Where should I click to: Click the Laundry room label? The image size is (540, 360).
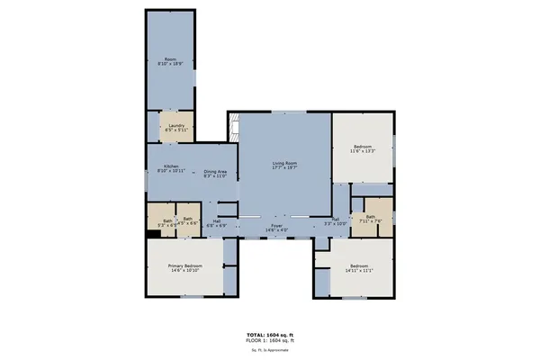[176, 127]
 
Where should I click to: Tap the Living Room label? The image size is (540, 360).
[284, 165]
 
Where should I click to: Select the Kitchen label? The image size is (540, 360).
[172, 168]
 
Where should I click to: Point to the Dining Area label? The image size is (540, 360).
[215, 173]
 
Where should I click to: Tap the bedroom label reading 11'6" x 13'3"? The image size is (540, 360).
[362, 149]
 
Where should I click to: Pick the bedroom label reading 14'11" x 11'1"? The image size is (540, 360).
[359, 267]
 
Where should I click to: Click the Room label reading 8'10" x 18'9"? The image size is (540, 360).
[171, 62]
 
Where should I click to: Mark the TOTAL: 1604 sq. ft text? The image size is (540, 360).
[270, 334]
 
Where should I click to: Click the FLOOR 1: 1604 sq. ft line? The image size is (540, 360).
[270, 340]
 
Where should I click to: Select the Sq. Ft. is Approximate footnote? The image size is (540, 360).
[270, 349]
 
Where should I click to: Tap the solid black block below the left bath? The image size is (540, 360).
[153, 235]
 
